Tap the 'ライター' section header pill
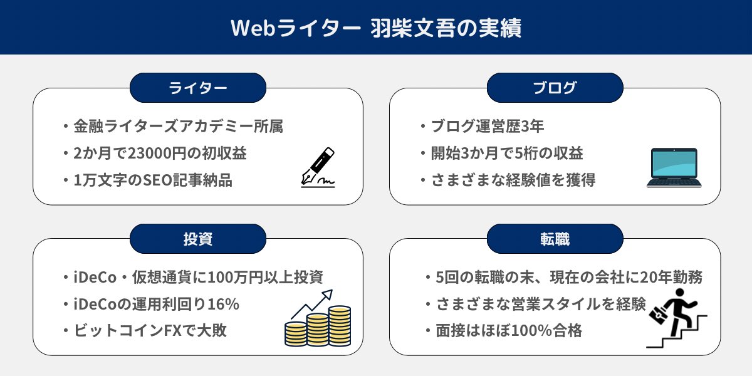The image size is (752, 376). (198, 88)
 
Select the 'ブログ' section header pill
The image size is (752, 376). (555, 88)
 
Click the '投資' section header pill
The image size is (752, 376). (198, 239)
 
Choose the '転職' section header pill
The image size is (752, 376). (555, 239)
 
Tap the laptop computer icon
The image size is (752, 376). (674, 167)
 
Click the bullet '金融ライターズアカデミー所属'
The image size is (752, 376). (178, 127)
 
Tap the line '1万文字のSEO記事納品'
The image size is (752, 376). (153, 181)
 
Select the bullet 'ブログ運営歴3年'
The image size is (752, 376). (486, 127)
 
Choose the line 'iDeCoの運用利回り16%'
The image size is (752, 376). (157, 305)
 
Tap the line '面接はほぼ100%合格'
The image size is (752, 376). (508, 332)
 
